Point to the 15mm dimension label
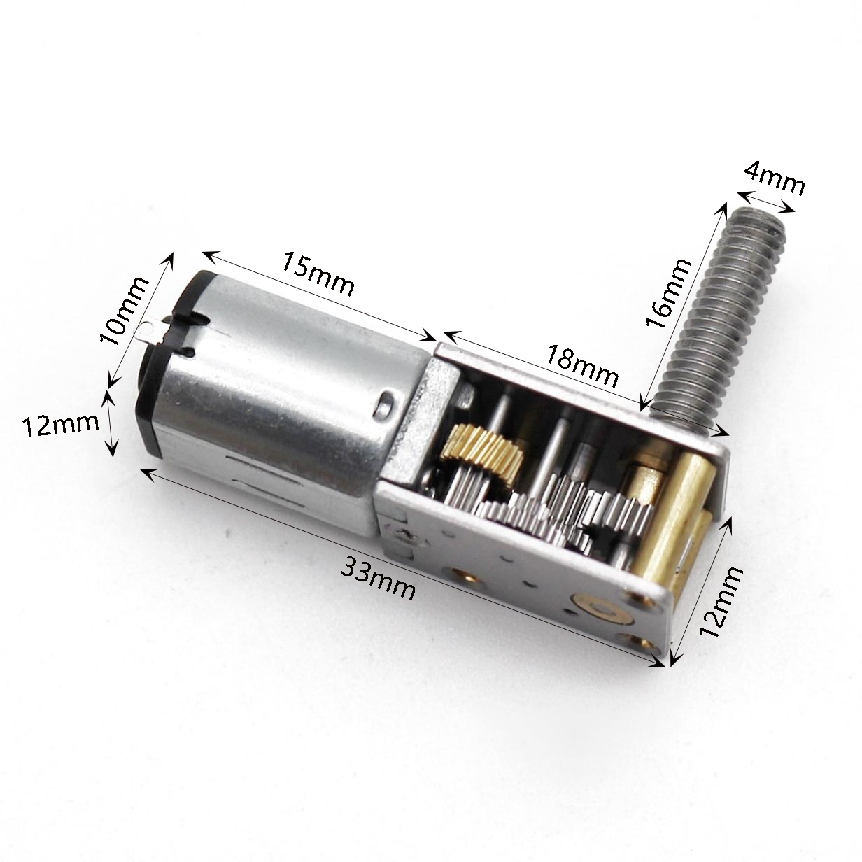coord(318,274)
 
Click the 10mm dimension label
coord(124,311)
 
